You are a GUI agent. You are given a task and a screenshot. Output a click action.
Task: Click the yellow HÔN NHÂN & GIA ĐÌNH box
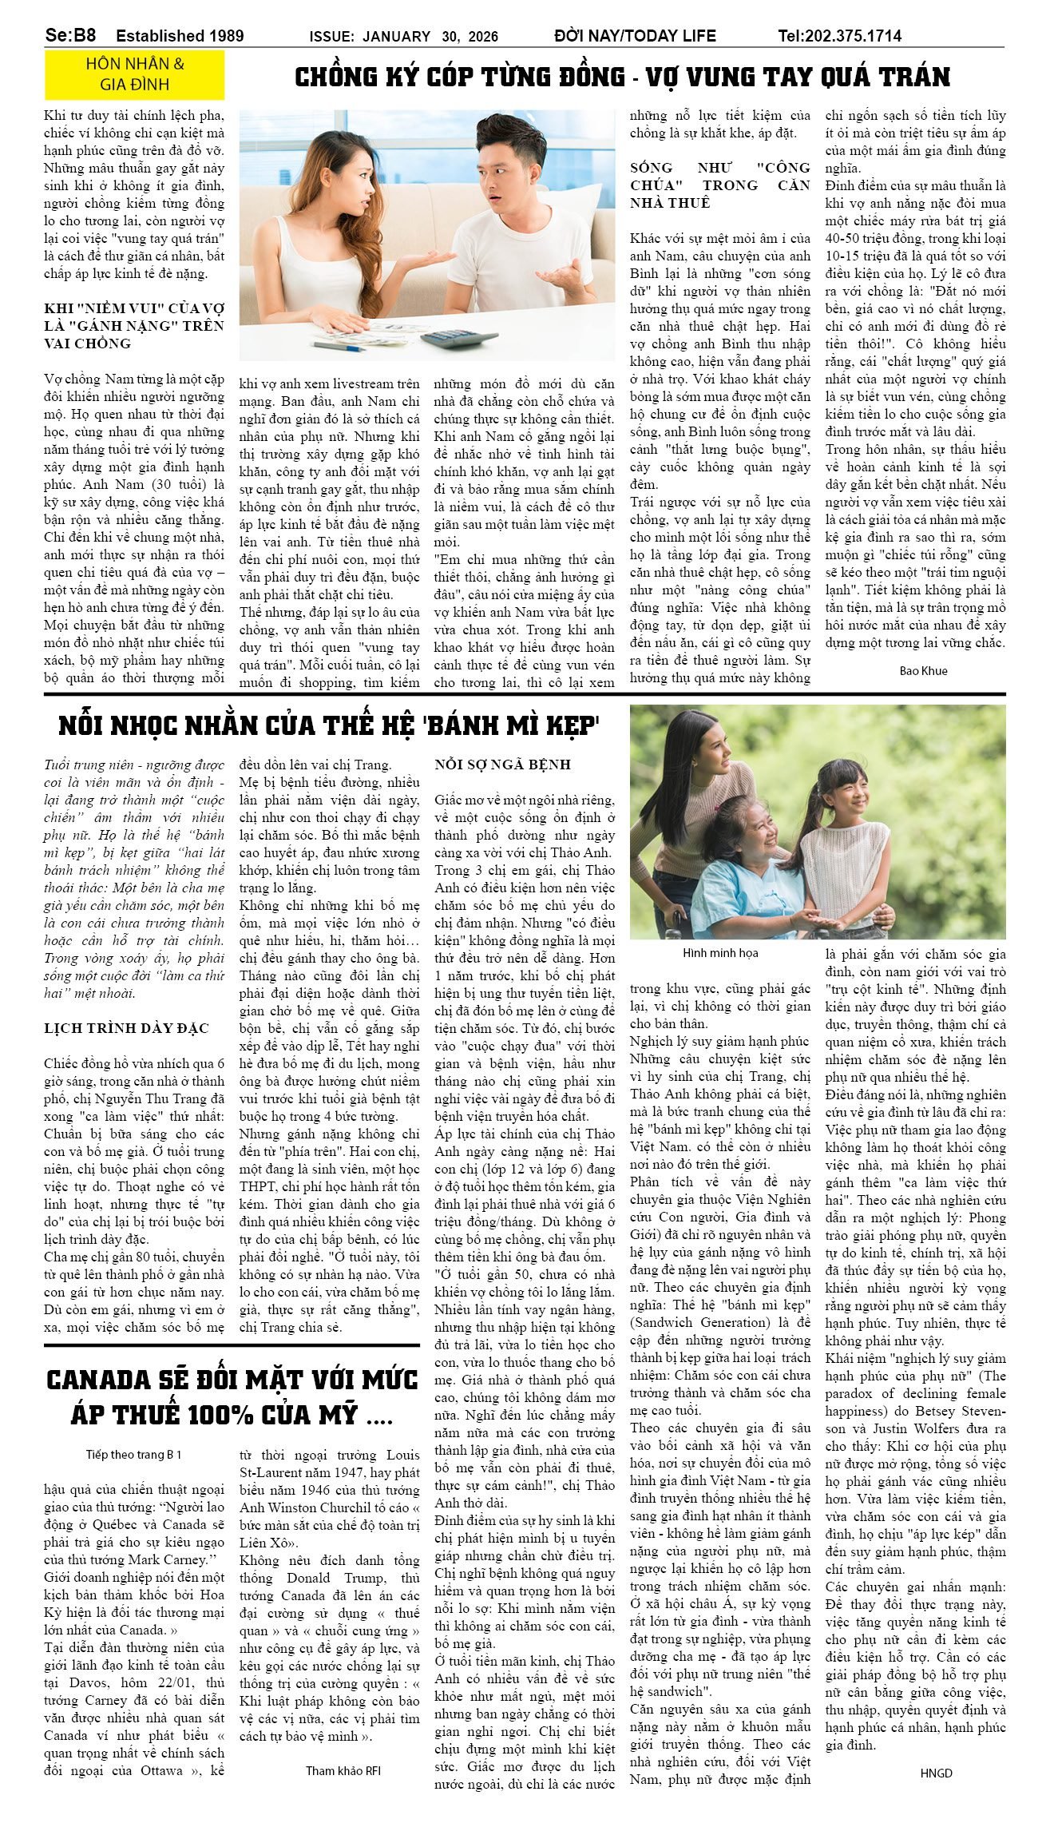(x=134, y=73)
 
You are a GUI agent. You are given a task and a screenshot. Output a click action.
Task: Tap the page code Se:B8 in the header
(x=70, y=35)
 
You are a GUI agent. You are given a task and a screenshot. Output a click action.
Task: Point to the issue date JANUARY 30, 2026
(x=430, y=37)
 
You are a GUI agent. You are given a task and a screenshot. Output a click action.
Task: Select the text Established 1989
(x=180, y=36)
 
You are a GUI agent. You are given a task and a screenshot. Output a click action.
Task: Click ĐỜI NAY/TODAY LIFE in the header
(x=635, y=36)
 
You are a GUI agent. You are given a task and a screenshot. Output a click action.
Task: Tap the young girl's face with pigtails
(x=851, y=792)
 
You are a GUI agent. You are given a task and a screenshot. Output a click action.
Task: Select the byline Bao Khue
(x=923, y=670)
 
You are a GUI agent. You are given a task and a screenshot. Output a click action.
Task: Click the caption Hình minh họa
(x=720, y=952)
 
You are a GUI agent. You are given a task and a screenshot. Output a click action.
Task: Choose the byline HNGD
(x=936, y=1773)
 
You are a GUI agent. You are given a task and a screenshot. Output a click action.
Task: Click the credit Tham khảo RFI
(x=343, y=1770)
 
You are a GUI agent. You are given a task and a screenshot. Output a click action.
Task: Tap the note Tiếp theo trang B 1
(x=133, y=1454)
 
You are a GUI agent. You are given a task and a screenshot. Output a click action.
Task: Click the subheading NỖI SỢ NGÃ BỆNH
(x=502, y=765)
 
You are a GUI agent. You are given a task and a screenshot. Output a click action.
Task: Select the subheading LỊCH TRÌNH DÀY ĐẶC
(x=126, y=1028)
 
